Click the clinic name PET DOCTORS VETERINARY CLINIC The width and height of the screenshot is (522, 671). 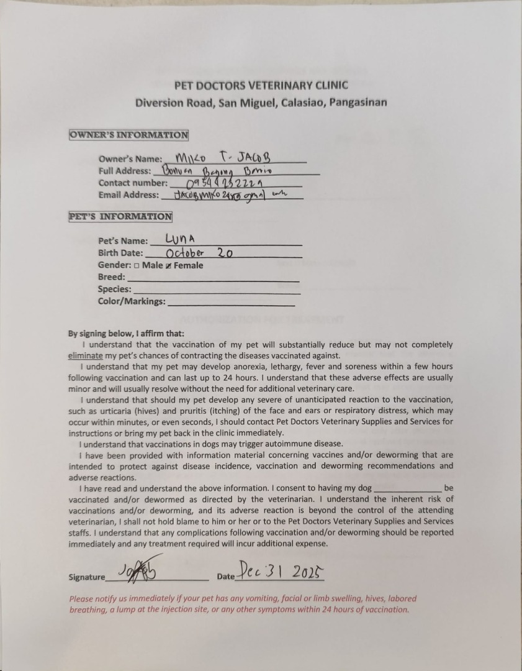pyautogui.click(x=261, y=86)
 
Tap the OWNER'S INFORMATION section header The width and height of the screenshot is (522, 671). pyautogui.click(x=128, y=135)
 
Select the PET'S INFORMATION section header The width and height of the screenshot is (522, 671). pyautogui.click(x=120, y=217)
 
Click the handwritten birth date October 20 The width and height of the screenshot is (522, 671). pyautogui.click(x=199, y=252)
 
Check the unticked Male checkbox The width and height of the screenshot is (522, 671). pyautogui.click(x=137, y=266)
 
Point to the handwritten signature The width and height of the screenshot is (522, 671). pyautogui.click(x=140, y=569)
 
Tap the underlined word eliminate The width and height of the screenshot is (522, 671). pyautogui.click(x=86, y=356)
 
